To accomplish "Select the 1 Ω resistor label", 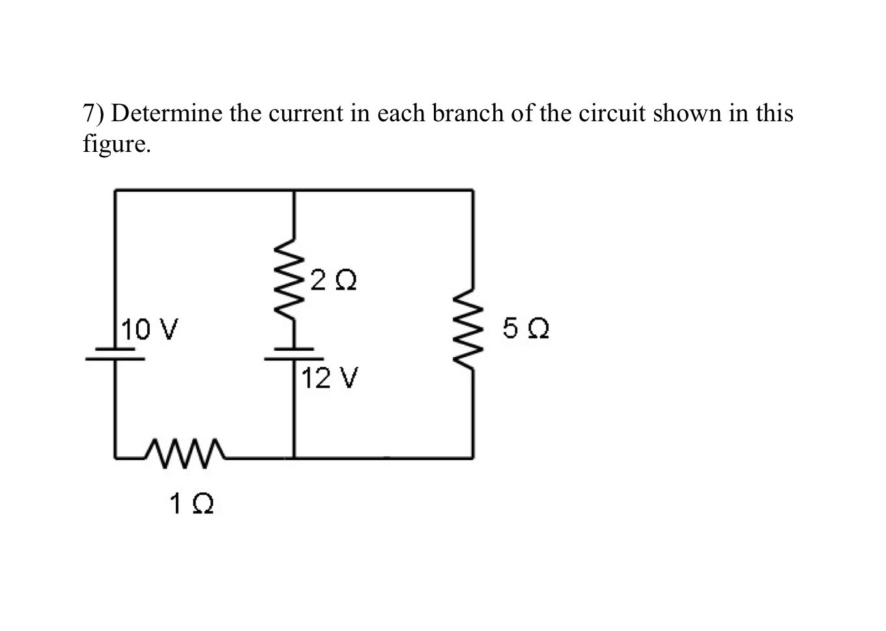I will (x=192, y=503).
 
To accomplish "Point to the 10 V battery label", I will (x=152, y=329).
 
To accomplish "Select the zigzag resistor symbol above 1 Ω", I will (x=186, y=449).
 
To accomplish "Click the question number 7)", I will (x=94, y=115).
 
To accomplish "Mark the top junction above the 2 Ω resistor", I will (x=294, y=190).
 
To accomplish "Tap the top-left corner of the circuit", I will (x=115, y=190).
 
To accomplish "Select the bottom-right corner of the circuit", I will (x=472, y=458).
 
